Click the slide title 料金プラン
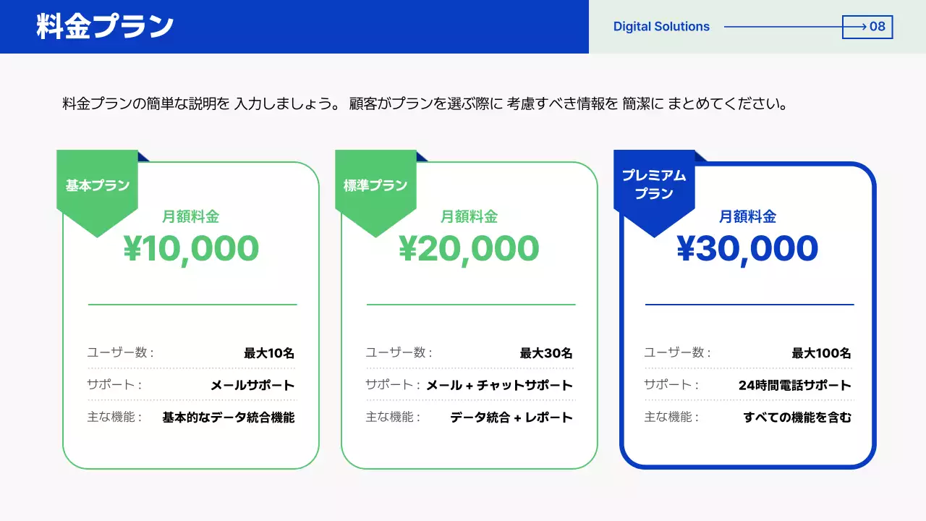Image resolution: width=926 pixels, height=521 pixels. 105,27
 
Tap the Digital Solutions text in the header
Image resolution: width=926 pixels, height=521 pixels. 661,27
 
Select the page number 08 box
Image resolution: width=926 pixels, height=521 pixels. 867,27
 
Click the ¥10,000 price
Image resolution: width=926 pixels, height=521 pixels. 191,249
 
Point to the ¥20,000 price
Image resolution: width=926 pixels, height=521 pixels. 469,249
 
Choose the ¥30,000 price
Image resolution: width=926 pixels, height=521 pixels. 747,249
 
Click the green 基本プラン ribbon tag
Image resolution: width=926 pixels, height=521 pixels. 97,186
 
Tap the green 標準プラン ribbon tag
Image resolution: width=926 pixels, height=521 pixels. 375,186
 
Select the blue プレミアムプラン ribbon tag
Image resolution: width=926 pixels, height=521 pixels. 654,185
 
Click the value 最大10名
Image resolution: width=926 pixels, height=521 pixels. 269,353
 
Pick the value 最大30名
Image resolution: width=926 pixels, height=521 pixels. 546,353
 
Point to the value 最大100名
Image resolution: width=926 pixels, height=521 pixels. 821,353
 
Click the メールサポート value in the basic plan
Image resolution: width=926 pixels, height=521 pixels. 252,385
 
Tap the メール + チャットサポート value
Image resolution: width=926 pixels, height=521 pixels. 499,385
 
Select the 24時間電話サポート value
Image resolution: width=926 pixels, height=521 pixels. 794,385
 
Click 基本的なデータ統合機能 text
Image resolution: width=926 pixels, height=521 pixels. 229,418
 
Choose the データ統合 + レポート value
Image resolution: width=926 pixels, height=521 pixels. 511,418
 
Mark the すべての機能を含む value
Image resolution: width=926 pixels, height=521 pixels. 797,418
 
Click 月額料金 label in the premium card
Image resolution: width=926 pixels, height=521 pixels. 747,216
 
